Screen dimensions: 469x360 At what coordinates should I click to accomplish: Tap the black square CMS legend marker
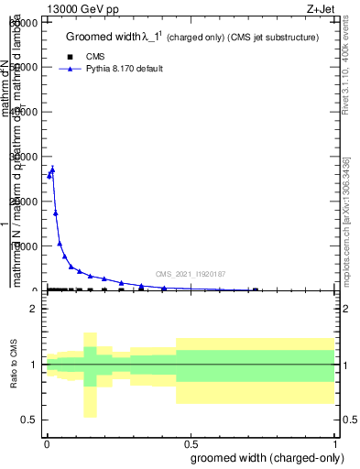pos(71,57)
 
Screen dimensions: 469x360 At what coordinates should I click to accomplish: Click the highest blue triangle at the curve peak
pos(52,169)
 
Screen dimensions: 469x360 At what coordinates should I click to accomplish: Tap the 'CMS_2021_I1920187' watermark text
pos(190,274)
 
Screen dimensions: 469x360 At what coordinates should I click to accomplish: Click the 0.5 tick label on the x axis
pos(191,442)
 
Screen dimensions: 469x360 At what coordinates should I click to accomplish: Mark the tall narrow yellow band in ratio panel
pos(90,375)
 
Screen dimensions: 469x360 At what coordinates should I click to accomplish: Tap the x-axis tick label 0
pos(47,442)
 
